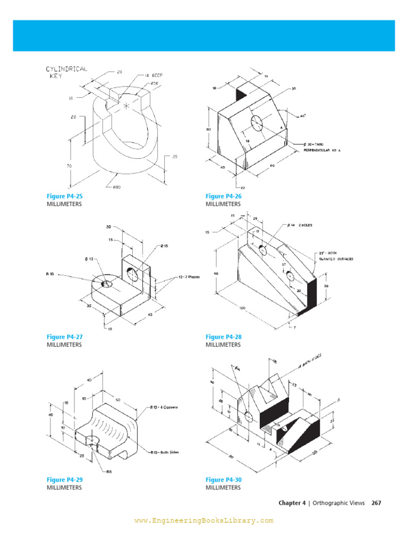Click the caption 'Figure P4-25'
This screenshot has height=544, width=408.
point(65,197)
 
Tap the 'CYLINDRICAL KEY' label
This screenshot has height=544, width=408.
point(67,72)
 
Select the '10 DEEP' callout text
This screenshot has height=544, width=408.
point(153,75)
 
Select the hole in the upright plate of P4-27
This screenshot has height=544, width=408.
point(132,274)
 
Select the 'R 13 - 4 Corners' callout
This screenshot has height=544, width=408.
point(163,407)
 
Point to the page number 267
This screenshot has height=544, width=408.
point(376,503)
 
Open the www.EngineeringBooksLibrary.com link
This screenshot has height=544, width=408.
point(203,521)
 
